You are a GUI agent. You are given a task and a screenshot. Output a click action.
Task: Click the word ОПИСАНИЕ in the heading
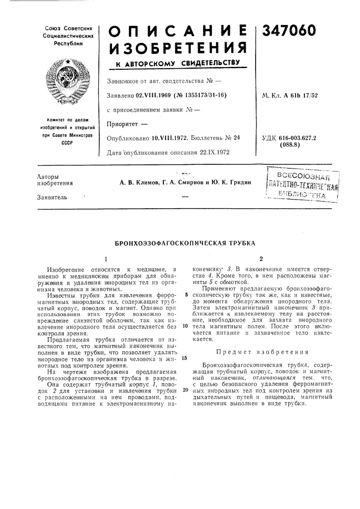(x=178, y=32)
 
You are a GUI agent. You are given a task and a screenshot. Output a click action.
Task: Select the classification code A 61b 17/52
(x=307, y=95)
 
